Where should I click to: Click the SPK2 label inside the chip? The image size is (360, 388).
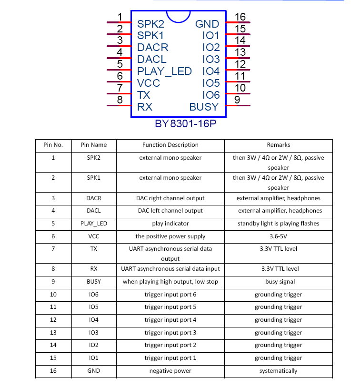[150, 24]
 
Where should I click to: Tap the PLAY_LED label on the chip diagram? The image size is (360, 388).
[164, 71]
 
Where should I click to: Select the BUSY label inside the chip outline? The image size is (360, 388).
[204, 107]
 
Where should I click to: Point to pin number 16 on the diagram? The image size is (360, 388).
[240, 17]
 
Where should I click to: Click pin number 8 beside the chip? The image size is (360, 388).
[120, 100]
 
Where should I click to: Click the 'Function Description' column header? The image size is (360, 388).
[170, 145]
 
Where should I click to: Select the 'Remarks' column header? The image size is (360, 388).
[278, 145]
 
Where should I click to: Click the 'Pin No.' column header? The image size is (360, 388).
[53, 145]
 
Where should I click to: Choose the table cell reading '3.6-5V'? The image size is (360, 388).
[278, 236]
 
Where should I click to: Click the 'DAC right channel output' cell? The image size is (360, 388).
[170, 198]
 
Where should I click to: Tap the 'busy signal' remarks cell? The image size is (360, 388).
[278, 282]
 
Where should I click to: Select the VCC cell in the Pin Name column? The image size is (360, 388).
[94, 236]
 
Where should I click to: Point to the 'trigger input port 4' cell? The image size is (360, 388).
[170, 320]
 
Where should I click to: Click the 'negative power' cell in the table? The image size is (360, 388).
[170, 371]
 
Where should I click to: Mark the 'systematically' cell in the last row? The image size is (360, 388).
[278, 371]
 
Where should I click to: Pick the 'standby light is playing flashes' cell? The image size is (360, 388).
[278, 224]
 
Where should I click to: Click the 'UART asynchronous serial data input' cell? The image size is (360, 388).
[170, 269]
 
